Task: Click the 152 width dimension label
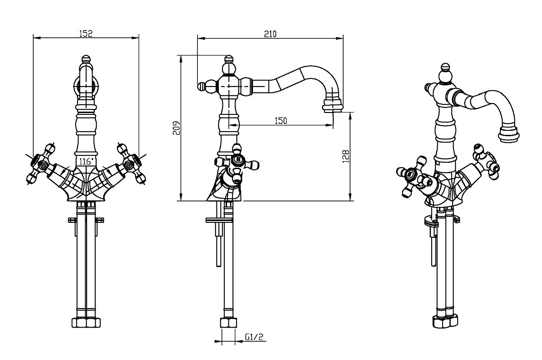86,33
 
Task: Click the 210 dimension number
270,33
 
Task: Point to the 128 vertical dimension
346,156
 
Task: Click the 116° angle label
86,162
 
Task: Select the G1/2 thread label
254,337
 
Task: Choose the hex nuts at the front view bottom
86,322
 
